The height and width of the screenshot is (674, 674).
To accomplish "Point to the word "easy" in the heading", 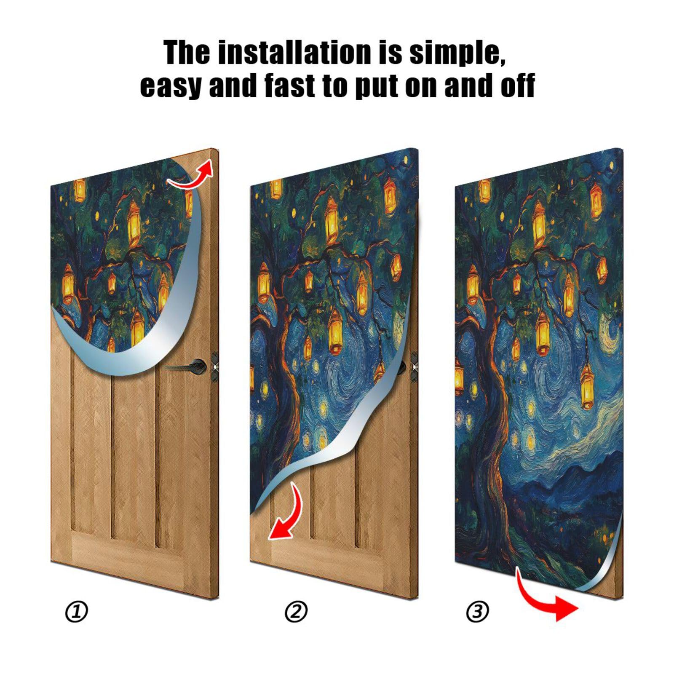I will (x=171, y=86).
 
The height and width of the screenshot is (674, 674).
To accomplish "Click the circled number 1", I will (x=76, y=612).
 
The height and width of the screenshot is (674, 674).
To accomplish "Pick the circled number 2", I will (x=296, y=612).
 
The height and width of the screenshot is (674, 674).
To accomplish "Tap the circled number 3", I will (x=477, y=612).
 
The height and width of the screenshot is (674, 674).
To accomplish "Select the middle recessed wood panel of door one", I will (x=134, y=447).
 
